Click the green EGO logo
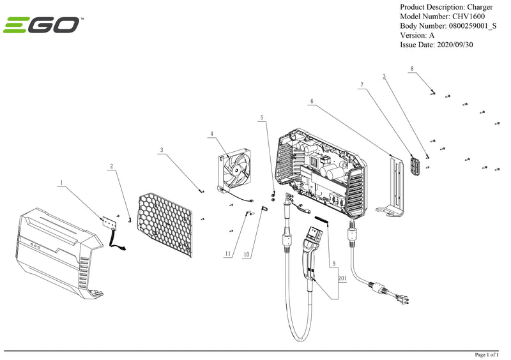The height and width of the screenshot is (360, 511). (x=42, y=26)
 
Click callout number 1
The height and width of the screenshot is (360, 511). (x=61, y=183)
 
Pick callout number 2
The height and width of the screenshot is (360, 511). (x=112, y=167)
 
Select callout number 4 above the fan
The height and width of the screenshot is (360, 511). (x=211, y=134)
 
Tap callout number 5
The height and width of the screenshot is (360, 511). (x=261, y=117)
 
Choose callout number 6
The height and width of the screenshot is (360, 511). (x=312, y=101)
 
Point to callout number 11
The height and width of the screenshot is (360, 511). (x=227, y=254)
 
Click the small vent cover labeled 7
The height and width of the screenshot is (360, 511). (x=415, y=165)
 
